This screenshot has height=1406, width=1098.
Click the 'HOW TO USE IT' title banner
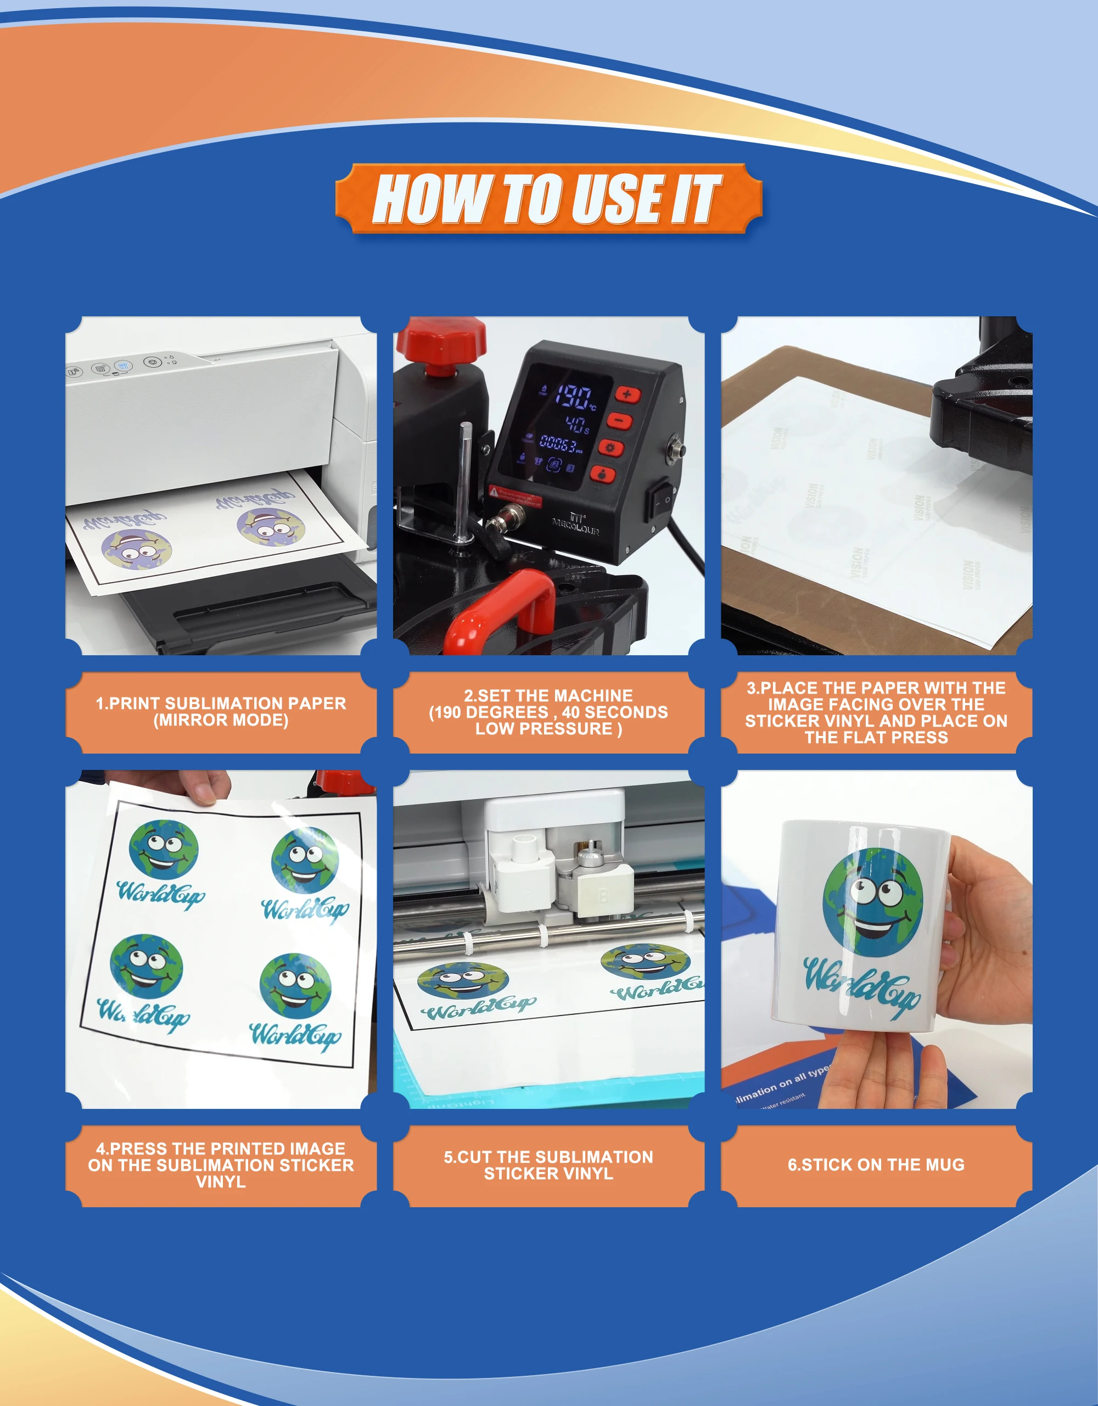(548, 199)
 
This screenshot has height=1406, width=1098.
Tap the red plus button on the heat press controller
(627, 394)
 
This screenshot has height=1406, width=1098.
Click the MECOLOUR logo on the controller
(575, 524)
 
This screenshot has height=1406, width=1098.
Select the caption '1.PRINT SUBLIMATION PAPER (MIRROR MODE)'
(221, 711)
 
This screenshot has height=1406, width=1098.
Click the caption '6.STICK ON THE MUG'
(876, 1164)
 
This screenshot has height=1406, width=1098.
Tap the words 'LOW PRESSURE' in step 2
(545, 729)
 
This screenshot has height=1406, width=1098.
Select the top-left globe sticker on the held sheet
(164, 850)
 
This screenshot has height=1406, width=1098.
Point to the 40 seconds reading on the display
(576, 423)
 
